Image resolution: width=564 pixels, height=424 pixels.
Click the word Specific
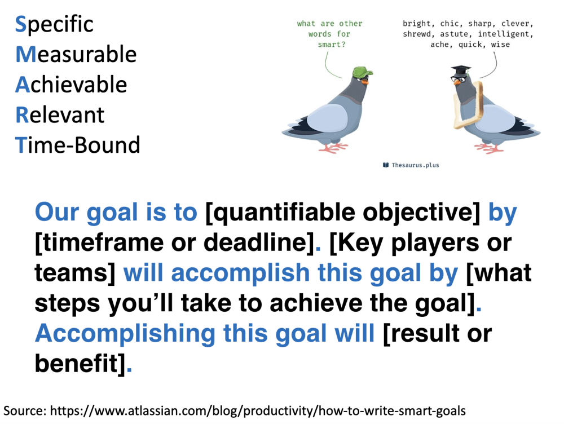[x=54, y=25]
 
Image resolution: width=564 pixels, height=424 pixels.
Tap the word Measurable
[x=76, y=54]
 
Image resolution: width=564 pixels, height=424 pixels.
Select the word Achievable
[x=71, y=85]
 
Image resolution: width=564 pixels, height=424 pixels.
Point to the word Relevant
[x=60, y=115]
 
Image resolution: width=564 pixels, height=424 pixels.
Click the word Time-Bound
[x=78, y=145]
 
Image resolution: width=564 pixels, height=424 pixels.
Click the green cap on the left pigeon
[x=362, y=72]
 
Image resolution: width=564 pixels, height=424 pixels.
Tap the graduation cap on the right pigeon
[x=461, y=70]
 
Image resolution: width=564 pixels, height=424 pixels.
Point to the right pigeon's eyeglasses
[x=459, y=78]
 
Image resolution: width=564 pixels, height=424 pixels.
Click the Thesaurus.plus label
[x=411, y=165]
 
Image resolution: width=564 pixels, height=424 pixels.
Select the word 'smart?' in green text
[x=331, y=44]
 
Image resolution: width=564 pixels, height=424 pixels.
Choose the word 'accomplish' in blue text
[x=240, y=273]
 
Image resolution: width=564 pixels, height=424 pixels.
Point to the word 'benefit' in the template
[x=76, y=363]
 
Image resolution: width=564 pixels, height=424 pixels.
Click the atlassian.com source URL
[x=258, y=410]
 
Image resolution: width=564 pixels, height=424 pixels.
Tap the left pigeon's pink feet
[x=333, y=148]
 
